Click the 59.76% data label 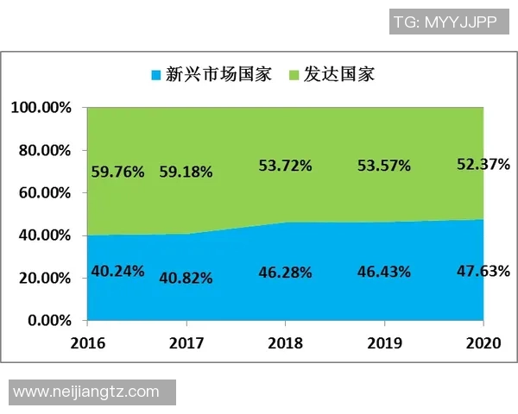coord(117,172)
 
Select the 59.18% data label coord(186,172)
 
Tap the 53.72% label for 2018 coord(285,166)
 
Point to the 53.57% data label coord(383,166)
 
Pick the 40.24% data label coord(117,272)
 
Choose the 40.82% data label coord(186,278)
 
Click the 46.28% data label coord(285,273)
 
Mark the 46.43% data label coord(383,273)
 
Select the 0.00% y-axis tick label coord(47,321)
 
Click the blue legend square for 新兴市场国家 coord(155,73)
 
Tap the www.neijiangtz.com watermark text coord(86,392)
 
